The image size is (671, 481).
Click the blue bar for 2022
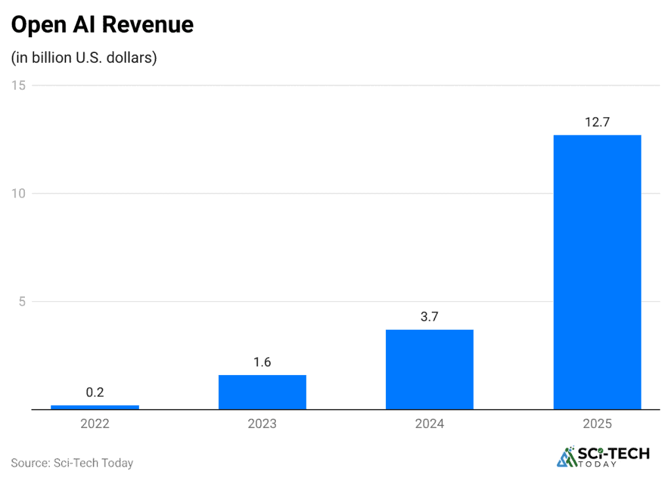[95, 407]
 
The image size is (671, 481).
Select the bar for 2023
[262, 392]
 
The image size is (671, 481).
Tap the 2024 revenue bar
[429, 370]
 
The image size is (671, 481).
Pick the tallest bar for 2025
[597, 272]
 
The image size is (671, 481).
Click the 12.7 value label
[597, 122]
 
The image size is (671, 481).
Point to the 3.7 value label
[429, 317]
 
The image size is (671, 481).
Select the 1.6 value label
[262, 362]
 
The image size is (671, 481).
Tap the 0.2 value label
[95, 393]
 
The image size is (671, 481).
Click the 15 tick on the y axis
[18, 85]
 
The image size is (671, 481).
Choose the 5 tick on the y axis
[21, 302]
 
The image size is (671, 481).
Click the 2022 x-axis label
[95, 423]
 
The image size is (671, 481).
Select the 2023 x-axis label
[262, 423]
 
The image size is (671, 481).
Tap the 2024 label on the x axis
[429, 423]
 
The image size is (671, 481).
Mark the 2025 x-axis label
[597, 423]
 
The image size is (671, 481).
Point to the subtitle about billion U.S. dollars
[84, 58]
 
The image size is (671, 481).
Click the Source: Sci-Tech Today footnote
[72, 463]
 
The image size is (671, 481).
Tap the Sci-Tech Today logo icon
[565, 457]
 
